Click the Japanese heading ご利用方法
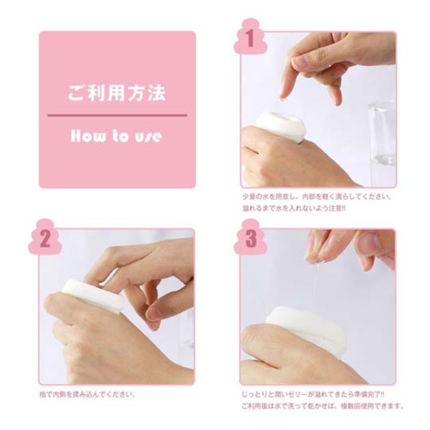point(117,92)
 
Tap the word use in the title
point(148,137)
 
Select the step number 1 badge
point(250,37)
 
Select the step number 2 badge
point(45,237)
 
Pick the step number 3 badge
point(250,237)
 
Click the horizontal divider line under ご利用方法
point(117,115)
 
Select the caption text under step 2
point(88,395)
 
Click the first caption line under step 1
point(317,197)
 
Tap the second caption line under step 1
point(293,208)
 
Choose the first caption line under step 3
point(313,395)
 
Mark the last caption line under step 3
point(322,406)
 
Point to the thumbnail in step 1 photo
point(301,61)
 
